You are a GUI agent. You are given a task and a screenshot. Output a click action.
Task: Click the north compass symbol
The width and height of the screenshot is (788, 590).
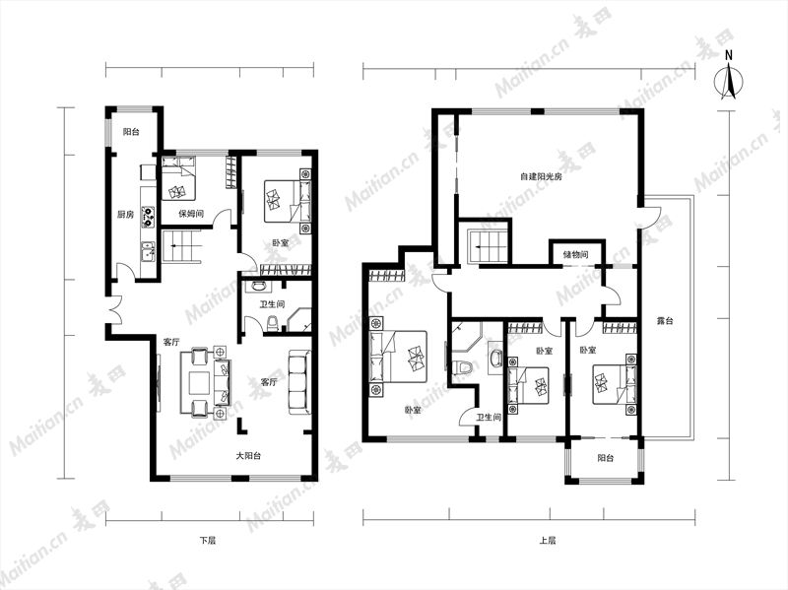point(729,78)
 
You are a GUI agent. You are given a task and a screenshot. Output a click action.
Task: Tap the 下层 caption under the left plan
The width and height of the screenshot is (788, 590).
point(208,541)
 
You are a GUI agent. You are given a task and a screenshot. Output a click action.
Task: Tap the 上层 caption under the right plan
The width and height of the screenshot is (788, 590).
point(548,541)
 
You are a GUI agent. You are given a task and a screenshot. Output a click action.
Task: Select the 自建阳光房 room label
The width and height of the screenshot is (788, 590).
point(541,177)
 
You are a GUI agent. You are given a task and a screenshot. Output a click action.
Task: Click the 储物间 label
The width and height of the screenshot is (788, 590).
point(575,255)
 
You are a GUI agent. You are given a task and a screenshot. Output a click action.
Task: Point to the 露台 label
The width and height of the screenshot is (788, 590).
point(664,321)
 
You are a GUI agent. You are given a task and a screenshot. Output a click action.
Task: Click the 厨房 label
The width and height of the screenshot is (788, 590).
point(126,215)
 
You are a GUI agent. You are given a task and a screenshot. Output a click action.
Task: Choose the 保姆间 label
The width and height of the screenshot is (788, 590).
point(191,214)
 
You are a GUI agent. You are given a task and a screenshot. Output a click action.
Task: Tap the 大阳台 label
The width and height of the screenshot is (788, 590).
point(249,456)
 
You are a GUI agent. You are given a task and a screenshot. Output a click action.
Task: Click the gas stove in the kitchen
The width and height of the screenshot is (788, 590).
point(149,215)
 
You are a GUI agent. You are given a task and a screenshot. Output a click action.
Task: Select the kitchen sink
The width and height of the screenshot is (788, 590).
point(149,251)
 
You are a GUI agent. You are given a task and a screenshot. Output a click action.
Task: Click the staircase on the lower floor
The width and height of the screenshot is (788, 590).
point(181,246)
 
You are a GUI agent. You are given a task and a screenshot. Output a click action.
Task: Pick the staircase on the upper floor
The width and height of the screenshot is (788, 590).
point(486,246)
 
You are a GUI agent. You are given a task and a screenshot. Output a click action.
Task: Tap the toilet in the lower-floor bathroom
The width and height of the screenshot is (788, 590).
point(272,323)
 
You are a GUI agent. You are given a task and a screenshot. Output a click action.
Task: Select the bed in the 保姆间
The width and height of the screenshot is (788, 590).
point(178,180)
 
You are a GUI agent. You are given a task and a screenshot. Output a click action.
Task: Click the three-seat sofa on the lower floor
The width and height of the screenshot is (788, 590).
point(299,383)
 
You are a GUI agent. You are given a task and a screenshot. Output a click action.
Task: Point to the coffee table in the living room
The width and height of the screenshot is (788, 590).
point(200,383)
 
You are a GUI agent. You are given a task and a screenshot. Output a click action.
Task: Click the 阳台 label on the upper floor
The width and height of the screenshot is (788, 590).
point(605,458)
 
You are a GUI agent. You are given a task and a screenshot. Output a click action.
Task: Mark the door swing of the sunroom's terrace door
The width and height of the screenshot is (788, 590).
point(653,217)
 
